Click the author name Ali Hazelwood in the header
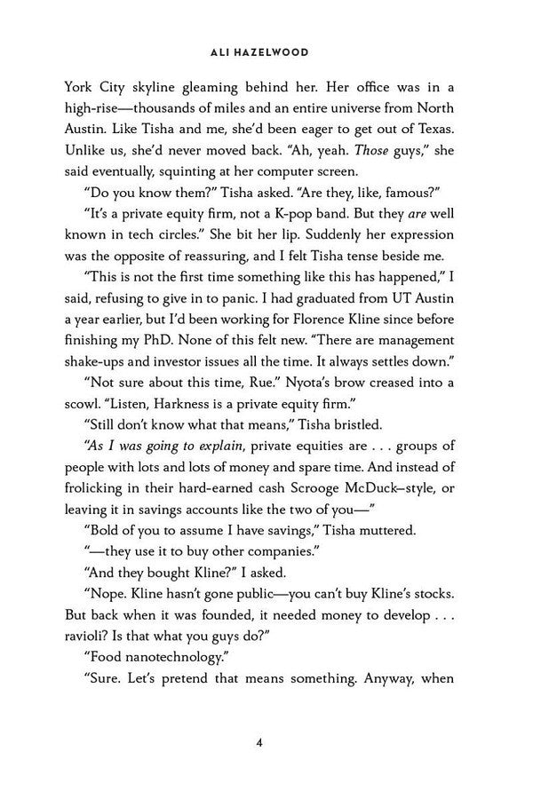(266, 52)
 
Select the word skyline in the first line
(152, 88)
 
